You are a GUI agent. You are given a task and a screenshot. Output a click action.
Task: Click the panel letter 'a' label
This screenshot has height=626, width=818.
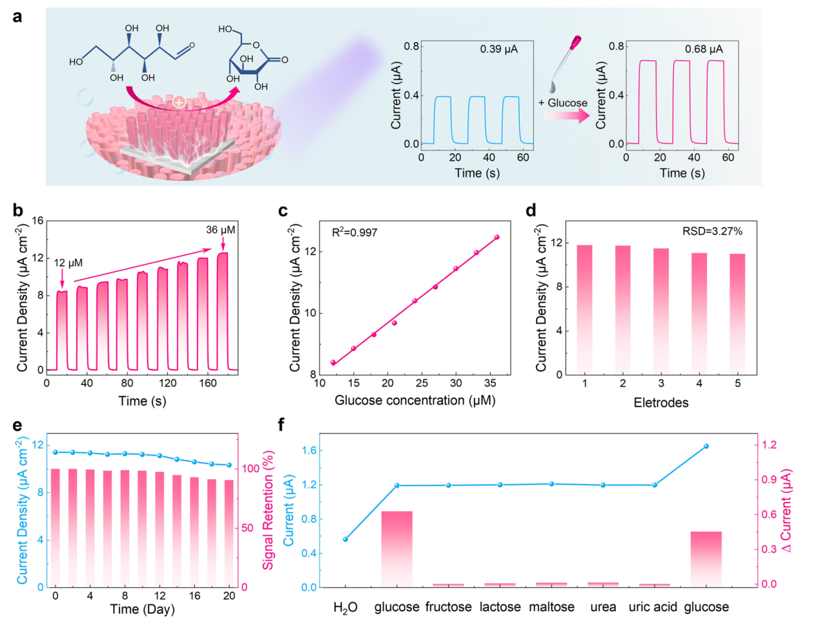pyautogui.click(x=17, y=16)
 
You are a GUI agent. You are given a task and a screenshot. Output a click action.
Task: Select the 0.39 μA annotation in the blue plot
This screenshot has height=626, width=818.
pyautogui.click(x=498, y=49)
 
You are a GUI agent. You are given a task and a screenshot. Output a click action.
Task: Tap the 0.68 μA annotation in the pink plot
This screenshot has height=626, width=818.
pyautogui.click(x=704, y=49)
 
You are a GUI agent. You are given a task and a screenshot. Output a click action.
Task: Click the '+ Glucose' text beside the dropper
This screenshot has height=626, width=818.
pyautogui.click(x=562, y=103)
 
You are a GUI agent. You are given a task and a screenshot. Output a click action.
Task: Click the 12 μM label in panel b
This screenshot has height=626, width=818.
pyautogui.click(x=68, y=263)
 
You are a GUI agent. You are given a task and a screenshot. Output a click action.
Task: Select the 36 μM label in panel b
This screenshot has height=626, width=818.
pyautogui.click(x=220, y=230)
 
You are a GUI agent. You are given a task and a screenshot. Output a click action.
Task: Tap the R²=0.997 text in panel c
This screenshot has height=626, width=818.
pyautogui.click(x=354, y=232)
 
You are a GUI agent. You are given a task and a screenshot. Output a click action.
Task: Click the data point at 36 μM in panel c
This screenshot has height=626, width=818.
pyautogui.click(x=496, y=237)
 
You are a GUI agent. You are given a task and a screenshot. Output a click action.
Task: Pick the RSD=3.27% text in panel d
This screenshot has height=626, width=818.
pyautogui.click(x=712, y=231)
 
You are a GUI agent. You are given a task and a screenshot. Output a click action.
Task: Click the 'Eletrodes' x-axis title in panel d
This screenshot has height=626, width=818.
pyautogui.click(x=660, y=402)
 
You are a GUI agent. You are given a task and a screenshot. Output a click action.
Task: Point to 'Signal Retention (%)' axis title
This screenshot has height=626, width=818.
pyautogui.click(x=268, y=510)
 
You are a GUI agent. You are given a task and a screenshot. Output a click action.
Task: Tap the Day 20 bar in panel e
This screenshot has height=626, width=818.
pyautogui.click(x=229, y=533)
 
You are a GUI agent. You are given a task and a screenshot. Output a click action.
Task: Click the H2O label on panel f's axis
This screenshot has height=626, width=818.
pyautogui.click(x=345, y=608)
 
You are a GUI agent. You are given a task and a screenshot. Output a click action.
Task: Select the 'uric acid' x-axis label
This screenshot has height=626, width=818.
pyautogui.click(x=653, y=607)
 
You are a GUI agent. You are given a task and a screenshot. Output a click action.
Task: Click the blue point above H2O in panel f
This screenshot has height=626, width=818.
pyautogui.click(x=345, y=539)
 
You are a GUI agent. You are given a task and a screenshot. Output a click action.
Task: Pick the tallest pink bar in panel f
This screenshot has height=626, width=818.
pyautogui.click(x=396, y=548)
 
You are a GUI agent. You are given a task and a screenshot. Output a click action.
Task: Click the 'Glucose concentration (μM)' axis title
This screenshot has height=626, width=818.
pyautogui.click(x=414, y=401)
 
